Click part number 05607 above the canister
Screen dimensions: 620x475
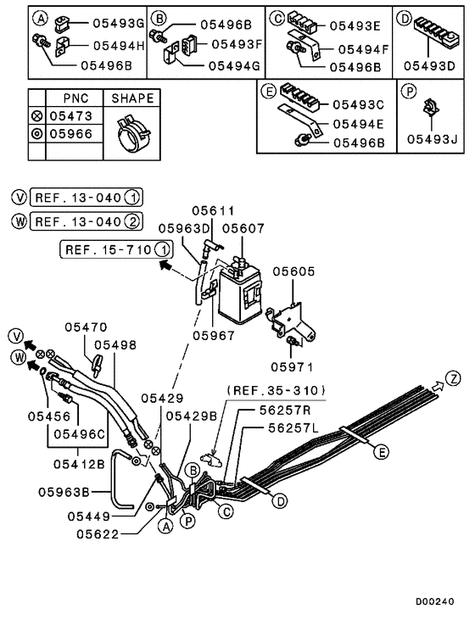(243, 228)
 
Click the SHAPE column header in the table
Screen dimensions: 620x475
(133, 98)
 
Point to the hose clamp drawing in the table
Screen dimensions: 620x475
(133, 133)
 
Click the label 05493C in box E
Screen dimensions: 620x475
(357, 104)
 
